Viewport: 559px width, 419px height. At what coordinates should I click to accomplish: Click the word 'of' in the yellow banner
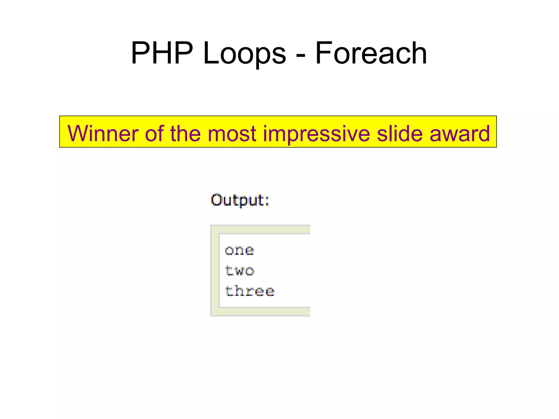click(154, 133)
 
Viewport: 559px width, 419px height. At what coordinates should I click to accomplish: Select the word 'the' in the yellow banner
click(185, 133)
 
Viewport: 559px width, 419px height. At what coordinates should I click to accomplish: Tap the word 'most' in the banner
click(232, 133)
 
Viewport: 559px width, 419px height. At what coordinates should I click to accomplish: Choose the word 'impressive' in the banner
click(316, 133)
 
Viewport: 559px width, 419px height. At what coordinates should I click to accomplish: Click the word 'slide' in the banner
click(400, 133)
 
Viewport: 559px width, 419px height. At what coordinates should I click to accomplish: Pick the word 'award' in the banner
click(460, 133)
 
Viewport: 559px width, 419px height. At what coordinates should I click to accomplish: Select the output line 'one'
click(239, 250)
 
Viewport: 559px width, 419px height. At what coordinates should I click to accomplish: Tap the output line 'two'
click(239, 271)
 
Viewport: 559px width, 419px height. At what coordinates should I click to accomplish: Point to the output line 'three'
click(249, 291)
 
